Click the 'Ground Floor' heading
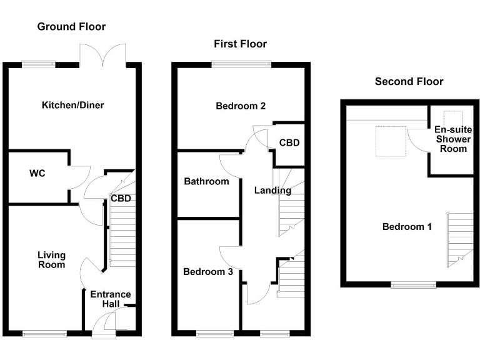coord(71,26)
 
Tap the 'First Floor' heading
coord(240,44)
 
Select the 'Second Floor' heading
coord(409,81)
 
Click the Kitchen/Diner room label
coord(72,105)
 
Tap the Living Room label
coord(51,260)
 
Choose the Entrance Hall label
coord(111,299)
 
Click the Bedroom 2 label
coord(241,106)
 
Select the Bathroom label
coord(206,182)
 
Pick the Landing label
coord(272,191)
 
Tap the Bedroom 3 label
coord(208,272)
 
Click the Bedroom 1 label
coord(407,226)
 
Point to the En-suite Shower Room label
coord(451,139)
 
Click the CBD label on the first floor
coord(289,142)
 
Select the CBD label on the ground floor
coord(120,199)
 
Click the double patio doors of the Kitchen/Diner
coord(102,55)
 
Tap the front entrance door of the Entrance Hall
coord(104,325)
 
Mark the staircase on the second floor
coord(461,239)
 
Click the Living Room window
coord(44,333)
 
